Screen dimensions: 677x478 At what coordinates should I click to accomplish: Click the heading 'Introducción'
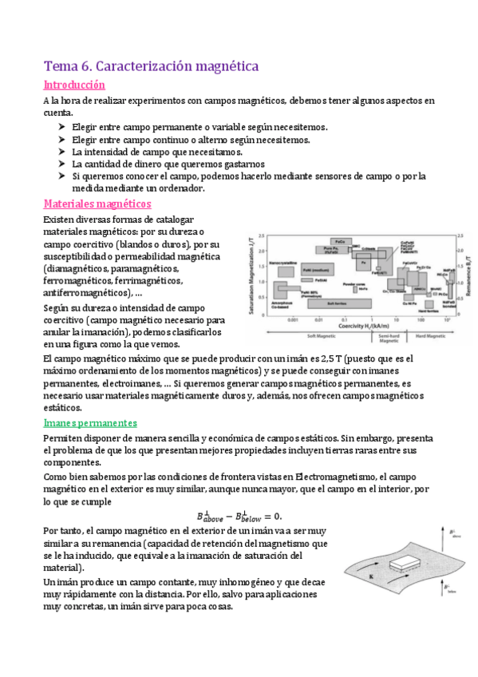(74, 85)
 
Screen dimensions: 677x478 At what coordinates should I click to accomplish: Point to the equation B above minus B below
(239, 515)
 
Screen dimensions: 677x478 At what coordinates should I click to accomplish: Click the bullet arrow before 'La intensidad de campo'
(63, 152)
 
